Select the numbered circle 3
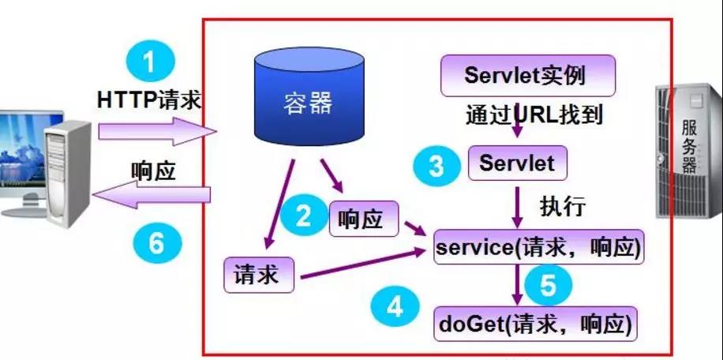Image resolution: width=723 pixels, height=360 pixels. pos(436,165)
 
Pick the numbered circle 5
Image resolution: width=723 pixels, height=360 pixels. pos(550,284)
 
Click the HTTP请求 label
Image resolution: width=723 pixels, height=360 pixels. pos(149,100)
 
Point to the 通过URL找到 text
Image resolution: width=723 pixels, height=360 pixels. pos(534,114)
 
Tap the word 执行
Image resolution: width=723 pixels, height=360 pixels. pos(562,207)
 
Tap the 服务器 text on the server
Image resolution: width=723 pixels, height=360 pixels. pos(689,147)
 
